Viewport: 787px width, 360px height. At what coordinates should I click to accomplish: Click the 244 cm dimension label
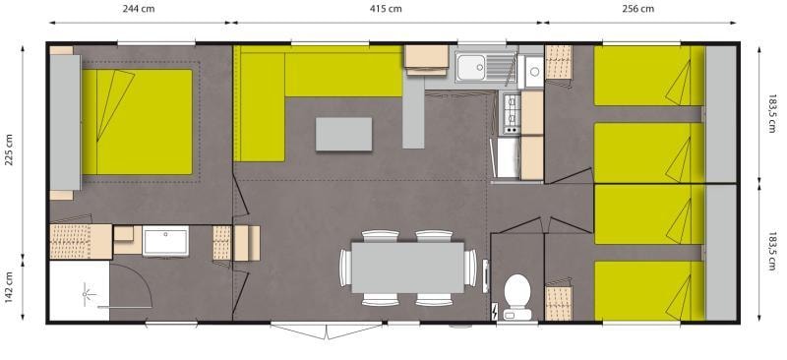coord(139,9)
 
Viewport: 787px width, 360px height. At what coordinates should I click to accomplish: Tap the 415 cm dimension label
coord(386,9)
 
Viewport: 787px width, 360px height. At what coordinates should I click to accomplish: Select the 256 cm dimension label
coord(637,9)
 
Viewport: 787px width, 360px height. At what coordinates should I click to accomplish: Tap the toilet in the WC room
coord(517,297)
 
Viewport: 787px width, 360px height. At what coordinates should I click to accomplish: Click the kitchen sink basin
coord(471,67)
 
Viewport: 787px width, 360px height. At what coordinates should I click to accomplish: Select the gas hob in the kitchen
coord(512,114)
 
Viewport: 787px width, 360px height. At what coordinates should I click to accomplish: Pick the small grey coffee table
coord(343,134)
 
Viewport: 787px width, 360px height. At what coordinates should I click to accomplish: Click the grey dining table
coord(407,268)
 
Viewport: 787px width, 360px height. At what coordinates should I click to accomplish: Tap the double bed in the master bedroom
coord(137,122)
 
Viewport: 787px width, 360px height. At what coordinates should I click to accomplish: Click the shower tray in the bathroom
coord(80,291)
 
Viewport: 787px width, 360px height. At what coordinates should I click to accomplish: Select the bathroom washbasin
coord(165,241)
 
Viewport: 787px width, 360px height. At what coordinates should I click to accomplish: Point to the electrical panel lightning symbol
coord(496,312)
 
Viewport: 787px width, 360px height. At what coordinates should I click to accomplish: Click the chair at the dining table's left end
coord(345,268)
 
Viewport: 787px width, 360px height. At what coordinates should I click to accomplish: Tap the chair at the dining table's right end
coord(470,268)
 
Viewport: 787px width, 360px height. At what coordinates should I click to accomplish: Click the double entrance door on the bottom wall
coord(327,330)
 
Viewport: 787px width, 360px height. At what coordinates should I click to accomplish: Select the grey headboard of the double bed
coord(65,123)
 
